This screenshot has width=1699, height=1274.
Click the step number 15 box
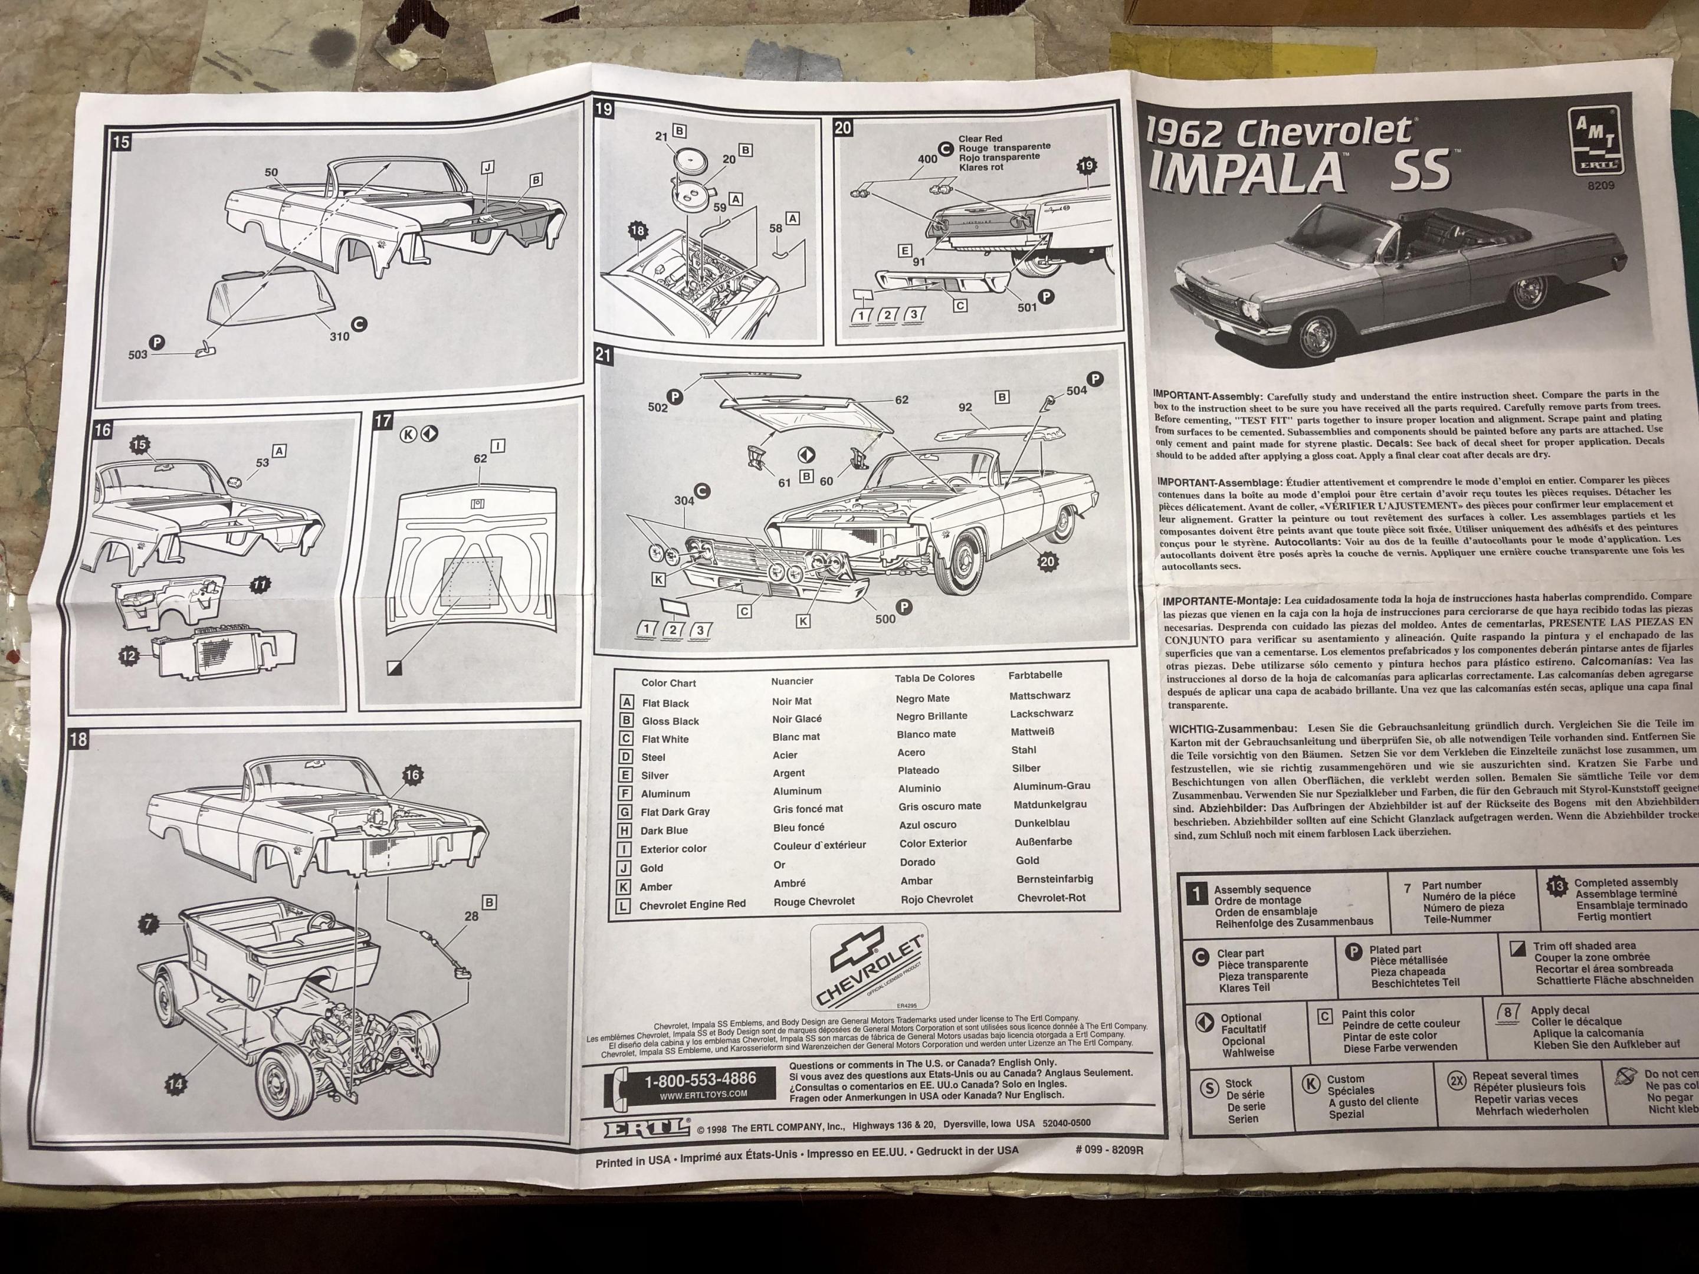point(120,142)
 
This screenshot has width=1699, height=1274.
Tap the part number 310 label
point(339,336)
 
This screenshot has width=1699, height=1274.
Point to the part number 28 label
point(471,916)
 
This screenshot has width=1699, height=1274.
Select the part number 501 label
point(1027,307)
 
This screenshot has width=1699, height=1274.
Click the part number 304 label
point(684,501)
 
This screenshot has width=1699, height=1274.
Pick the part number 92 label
point(966,408)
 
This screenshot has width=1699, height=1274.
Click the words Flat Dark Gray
point(675,812)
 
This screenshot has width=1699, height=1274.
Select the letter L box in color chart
point(625,906)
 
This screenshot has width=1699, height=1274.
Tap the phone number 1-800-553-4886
point(700,1079)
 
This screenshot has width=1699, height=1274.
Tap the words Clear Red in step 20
point(980,139)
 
